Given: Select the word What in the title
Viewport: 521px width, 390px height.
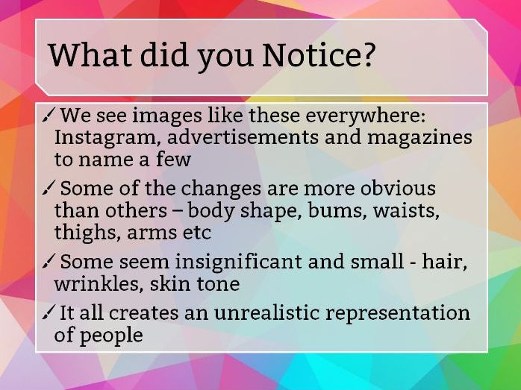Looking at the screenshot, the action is point(90,54).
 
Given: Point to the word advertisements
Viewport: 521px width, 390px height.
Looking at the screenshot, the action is point(243,137).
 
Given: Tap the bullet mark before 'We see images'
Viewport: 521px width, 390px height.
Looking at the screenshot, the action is point(48,115).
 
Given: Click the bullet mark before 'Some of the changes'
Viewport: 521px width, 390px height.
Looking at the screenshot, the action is point(48,188).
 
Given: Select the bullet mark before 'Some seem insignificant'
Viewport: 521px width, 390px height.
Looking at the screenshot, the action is point(48,261).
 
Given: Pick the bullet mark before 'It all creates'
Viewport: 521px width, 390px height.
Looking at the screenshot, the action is point(48,312).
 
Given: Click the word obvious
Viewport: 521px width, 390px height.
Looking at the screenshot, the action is point(398,188).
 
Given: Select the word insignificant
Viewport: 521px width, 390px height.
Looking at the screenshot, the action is point(238,262).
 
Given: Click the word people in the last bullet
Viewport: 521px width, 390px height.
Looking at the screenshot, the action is point(111,336).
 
